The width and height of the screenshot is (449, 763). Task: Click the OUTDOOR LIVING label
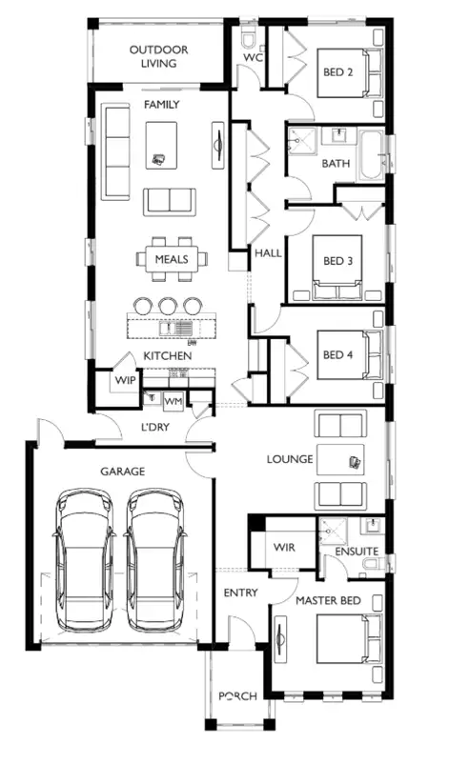tap(158, 56)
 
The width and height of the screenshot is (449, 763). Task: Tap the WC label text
tap(253, 57)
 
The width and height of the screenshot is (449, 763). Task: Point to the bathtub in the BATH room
tap(370, 157)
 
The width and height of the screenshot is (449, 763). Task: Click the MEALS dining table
tap(168, 258)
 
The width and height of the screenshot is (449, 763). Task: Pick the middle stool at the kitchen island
tap(168, 306)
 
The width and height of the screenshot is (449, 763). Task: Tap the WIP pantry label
tap(126, 381)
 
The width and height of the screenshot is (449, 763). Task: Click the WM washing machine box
tap(173, 401)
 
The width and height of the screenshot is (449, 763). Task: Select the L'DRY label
tap(154, 428)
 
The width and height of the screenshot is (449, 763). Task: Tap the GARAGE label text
tap(122, 472)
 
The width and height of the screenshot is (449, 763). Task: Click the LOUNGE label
tap(290, 459)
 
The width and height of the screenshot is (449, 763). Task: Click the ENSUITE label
tap(357, 552)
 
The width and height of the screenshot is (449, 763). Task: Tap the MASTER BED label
tap(327, 601)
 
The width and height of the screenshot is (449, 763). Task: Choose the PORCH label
tap(237, 696)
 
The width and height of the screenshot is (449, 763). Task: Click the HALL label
tap(268, 253)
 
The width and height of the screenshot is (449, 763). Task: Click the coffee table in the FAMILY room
tap(162, 144)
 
